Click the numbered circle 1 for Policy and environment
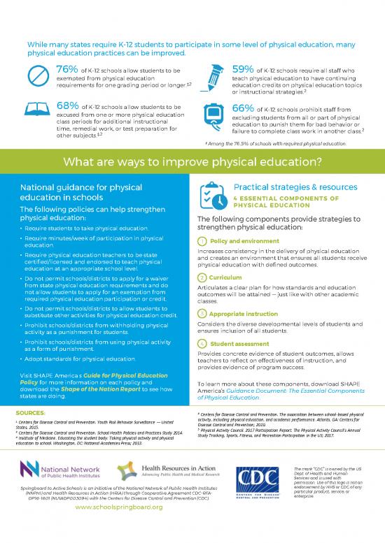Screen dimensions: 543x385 click(202, 241)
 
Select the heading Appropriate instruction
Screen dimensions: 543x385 click(241, 314)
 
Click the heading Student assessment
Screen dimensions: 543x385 click(238, 344)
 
